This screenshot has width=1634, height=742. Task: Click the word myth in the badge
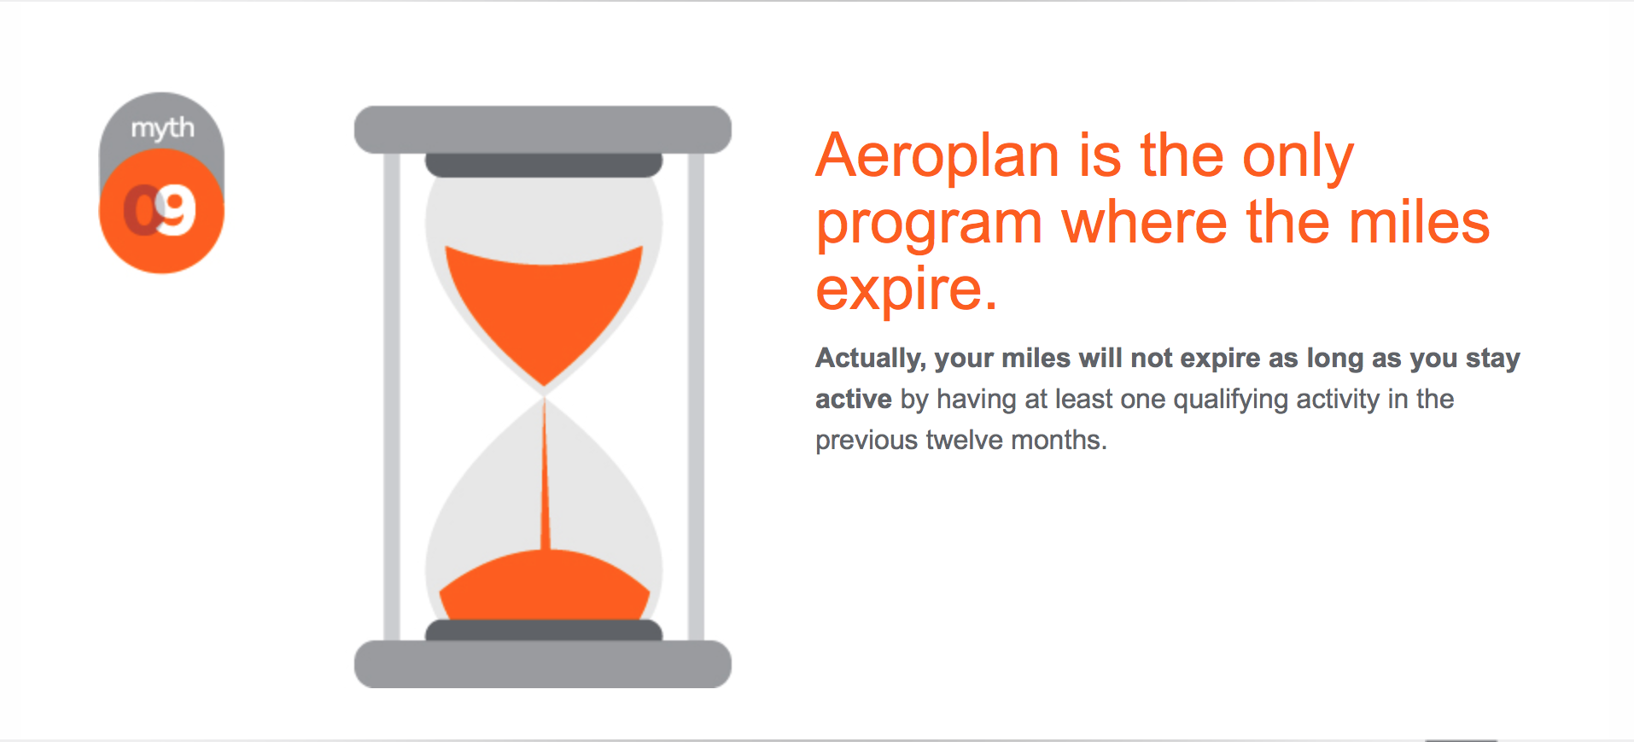162,128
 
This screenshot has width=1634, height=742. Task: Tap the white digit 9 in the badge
177,211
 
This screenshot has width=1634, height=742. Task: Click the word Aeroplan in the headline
937,155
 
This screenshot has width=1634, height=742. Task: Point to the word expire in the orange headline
897,291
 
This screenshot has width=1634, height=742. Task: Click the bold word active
854,399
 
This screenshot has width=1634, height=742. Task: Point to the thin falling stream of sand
544,474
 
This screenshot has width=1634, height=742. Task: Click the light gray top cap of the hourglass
543,130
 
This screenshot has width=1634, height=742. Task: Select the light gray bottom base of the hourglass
543,664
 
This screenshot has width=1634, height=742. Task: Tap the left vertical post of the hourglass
392,397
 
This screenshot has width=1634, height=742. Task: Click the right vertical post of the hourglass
696,397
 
